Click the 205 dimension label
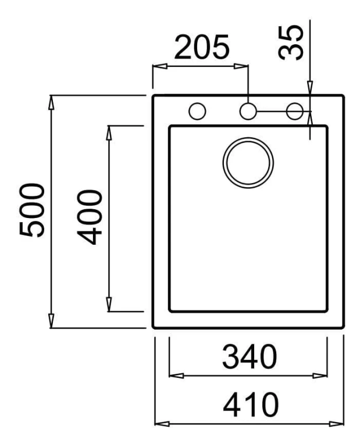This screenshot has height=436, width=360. (202, 47)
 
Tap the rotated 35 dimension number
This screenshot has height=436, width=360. (291, 42)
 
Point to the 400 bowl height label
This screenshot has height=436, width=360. (90, 217)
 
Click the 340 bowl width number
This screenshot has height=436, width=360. (249, 356)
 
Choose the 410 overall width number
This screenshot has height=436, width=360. (251, 405)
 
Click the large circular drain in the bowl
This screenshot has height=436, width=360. (248, 163)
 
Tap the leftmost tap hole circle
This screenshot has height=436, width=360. (197, 111)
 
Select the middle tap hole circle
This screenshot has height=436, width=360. (248, 111)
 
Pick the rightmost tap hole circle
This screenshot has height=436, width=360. (295, 111)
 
